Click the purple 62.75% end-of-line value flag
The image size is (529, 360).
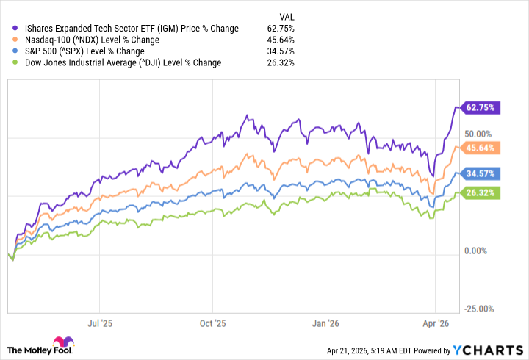(x=480, y=107)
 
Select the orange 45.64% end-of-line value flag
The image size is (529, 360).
(x=480, y=148)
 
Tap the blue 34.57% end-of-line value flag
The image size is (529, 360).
(x=480, y=174)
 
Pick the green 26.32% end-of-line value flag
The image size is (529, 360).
(x=480, y=193)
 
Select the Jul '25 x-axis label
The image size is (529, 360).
(x=100, y=322)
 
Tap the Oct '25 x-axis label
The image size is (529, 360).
(x=212, y=322)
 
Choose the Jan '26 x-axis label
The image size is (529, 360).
(x=324, y=322)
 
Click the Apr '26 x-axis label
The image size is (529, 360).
(x=436, y=322)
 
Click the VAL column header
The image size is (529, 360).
(x=289, y=16)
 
